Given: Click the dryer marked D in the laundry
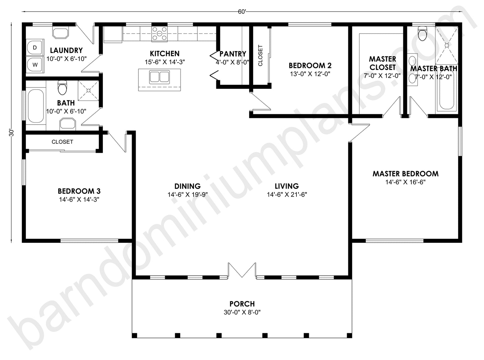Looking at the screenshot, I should (35, 48).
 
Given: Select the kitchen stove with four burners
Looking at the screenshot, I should (159, 34).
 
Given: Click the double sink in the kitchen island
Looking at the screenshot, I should (159, 77).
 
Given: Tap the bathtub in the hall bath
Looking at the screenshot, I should (36, 105).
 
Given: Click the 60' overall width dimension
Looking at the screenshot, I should (242, 12).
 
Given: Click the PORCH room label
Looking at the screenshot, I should (242, 304).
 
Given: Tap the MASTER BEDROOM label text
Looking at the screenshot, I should (405, 174).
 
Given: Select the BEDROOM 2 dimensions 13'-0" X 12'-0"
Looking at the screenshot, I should (310, 74).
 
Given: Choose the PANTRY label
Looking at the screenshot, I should (233, 54).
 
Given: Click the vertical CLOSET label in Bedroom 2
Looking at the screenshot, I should (261, 55).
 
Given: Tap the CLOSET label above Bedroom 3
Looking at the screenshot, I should (62, 142).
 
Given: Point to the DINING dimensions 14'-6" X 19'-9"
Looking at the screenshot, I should (187, 195).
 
